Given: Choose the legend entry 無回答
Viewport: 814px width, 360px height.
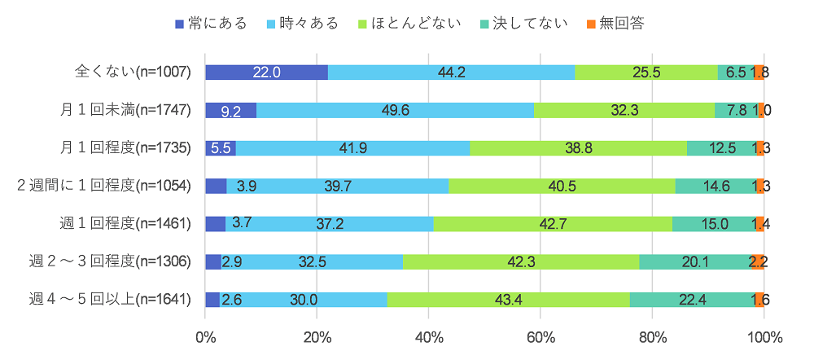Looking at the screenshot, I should pos(615,23).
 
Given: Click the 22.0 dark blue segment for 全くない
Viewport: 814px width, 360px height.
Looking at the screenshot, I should pos(266,72).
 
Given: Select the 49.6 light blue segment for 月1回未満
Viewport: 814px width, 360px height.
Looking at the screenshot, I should pos(395,110).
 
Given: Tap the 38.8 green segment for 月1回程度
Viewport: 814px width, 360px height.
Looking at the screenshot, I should pos(578,147).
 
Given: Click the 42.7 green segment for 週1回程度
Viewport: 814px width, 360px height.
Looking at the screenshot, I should pos(553,223).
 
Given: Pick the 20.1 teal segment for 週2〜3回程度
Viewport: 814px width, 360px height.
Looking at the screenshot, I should pos(695,261).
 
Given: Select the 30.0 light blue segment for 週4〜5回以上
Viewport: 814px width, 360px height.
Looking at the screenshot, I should pos(303,299).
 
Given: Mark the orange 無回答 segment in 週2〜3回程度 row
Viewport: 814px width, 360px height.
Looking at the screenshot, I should pos(757,261).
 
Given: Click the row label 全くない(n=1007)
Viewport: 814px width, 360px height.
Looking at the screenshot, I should pos(133,72).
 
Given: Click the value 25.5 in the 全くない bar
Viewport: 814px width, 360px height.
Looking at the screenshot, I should pos(646,72).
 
